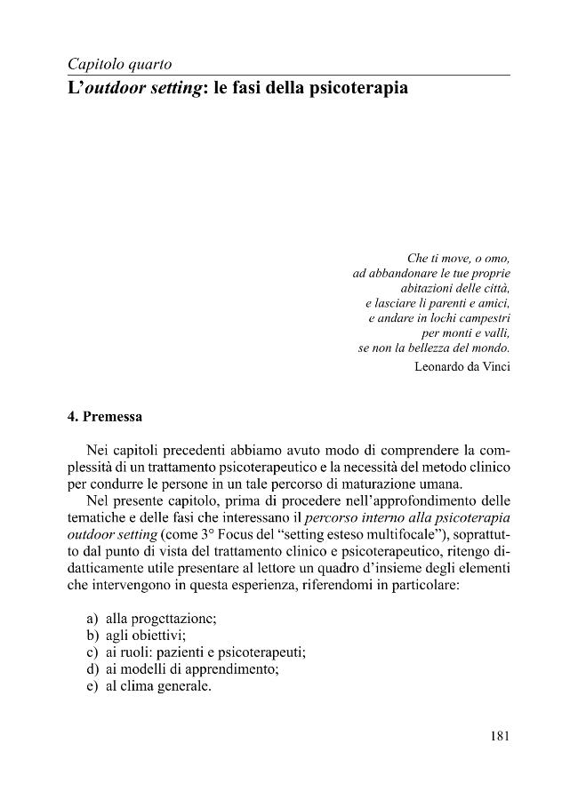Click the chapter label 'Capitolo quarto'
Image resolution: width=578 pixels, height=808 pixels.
pos(119,64)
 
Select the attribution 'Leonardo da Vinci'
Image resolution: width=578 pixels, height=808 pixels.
pos(462,366)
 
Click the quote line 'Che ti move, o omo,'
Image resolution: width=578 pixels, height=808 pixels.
pos(458,259)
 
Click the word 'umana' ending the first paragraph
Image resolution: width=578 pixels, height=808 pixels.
pos(441,484)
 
